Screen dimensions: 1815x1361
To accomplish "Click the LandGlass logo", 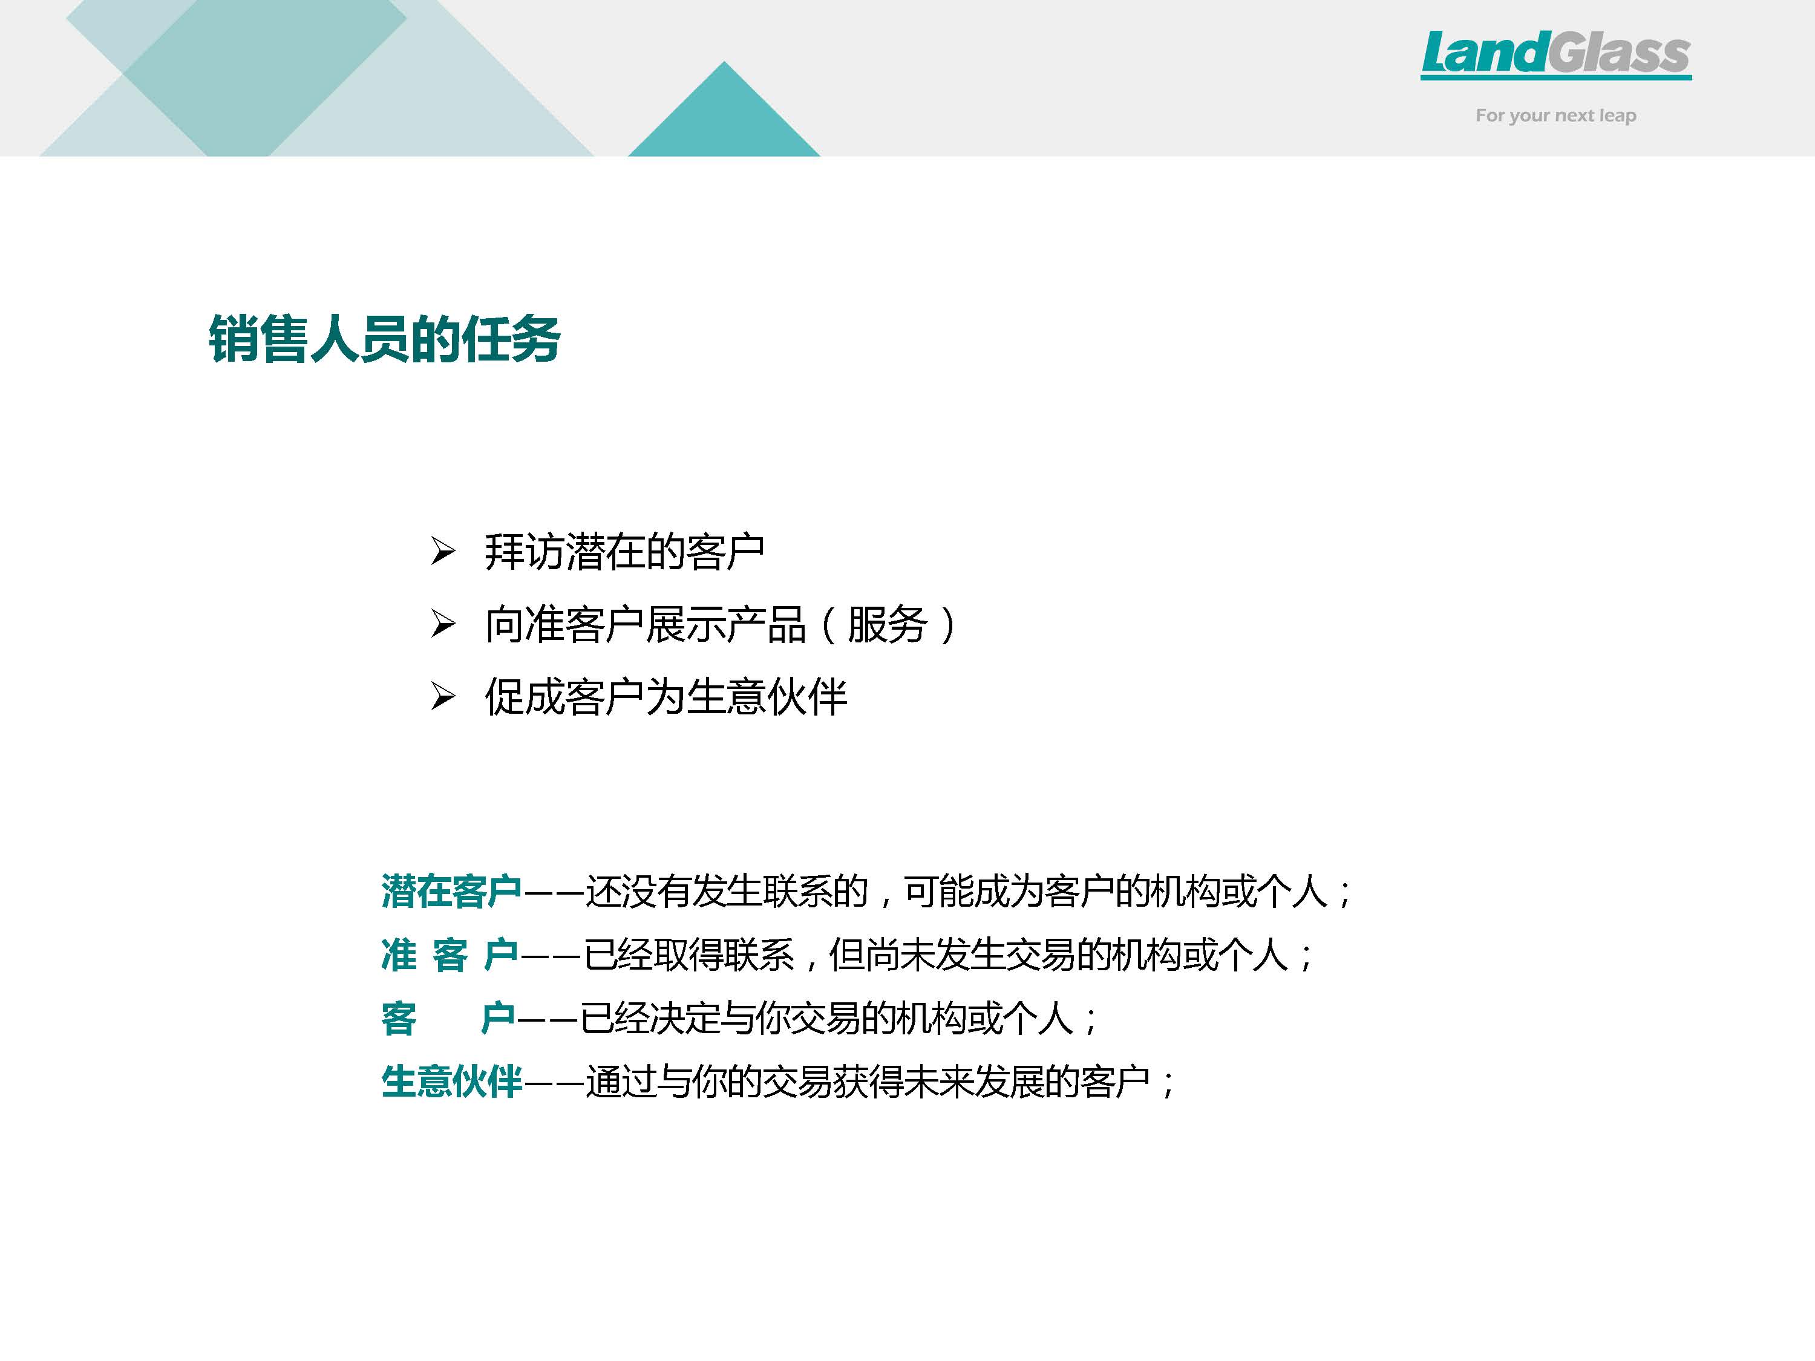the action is tap(1555, 55).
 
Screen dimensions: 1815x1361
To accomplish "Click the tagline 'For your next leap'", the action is tap(1555, 116).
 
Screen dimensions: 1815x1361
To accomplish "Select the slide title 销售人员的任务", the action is tap(384, 338).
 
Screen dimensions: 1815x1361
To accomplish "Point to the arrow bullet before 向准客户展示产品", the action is tap(443, 624).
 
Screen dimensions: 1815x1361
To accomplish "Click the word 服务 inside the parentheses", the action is tap(887, 624).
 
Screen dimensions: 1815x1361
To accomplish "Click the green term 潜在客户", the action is tap(451, 891).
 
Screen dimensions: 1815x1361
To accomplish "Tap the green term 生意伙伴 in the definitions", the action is tap(451, 1082).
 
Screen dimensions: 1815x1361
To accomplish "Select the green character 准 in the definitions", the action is tap(399, 955).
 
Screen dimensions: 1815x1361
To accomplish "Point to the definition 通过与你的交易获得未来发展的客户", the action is tap(868, 1082).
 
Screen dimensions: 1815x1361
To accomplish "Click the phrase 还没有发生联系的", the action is tap(727, 891).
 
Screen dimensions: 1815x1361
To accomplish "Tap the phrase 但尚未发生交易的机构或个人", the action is tap(1059, 955).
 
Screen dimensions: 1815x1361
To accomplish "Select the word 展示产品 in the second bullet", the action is tap(725, 624).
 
